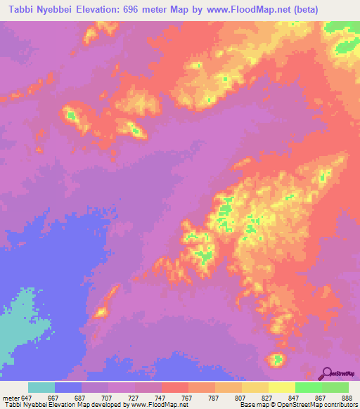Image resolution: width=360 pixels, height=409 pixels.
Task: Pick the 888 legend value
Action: tap(347, 398)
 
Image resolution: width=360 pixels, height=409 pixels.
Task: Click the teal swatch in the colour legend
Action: tap(41, 387)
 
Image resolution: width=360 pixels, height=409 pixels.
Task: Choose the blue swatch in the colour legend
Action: tap(68, 387)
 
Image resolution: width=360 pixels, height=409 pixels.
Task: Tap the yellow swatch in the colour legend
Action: tap(282, 387)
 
